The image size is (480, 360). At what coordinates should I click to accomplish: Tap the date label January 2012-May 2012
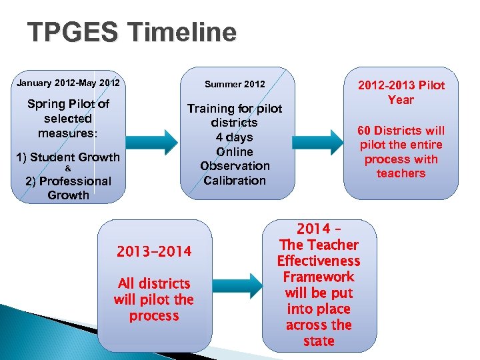click(68, 83)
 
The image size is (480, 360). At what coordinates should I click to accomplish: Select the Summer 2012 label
click(235, 84)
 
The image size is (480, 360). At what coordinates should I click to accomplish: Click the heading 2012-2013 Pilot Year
click(401, 93)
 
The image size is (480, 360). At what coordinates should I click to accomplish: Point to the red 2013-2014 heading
click(154, 251)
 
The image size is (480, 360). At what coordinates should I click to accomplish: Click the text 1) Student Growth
click(68, 157)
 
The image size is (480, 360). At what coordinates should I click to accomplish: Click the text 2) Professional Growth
click(68, 188)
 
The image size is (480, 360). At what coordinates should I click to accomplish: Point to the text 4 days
click(234, 137)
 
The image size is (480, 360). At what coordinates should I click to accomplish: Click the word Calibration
click(235, 181)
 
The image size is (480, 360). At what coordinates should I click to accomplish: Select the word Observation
click(235, 166)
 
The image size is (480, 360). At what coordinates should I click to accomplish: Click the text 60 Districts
click(401, 131)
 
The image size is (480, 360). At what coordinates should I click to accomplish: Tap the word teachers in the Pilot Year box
click(401, 173)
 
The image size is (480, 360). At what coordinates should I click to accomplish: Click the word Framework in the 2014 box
click(319, 277)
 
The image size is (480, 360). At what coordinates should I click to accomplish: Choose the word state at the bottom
click(319, 341)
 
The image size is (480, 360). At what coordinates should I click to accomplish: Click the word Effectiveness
click(319, 261)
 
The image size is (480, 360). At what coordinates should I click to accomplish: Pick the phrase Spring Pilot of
click(68, 105)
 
